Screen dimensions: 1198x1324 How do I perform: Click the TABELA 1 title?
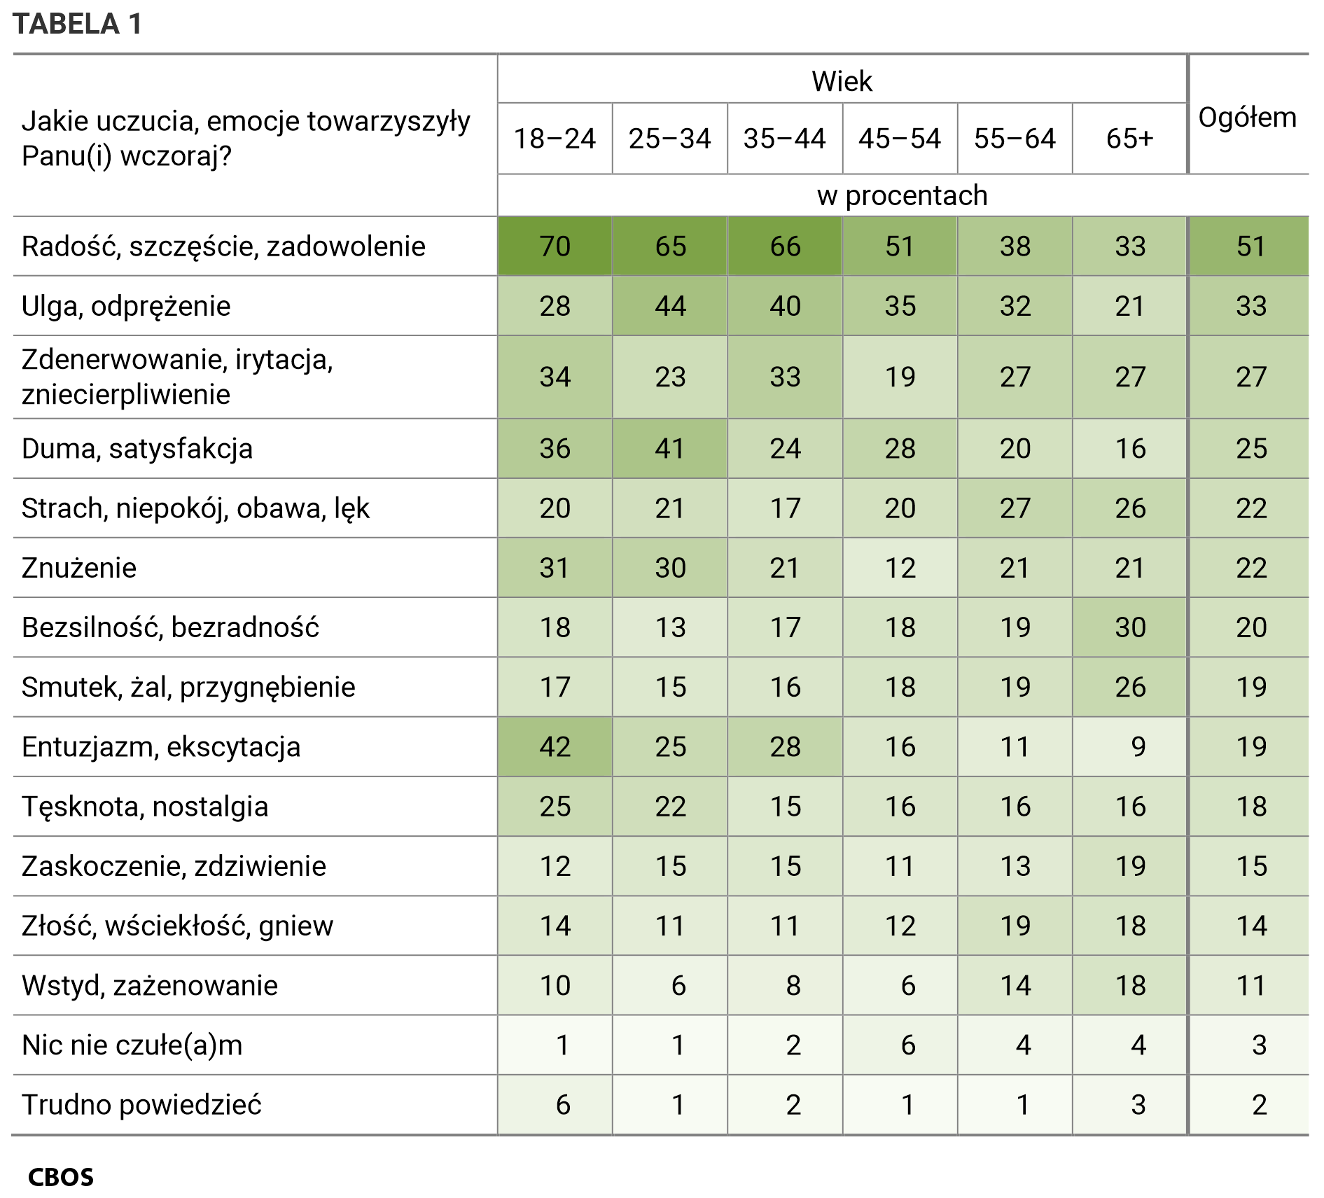[77, 24]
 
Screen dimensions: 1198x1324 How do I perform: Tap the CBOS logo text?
[61, 1177]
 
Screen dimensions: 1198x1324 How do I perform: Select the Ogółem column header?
[1247, 117]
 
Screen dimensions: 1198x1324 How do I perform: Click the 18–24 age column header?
[555, 139]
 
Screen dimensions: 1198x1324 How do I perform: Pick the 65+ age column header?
[1129, 139]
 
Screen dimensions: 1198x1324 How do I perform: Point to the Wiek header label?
[842, 82]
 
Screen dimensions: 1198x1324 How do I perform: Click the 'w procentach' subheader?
[902, 195]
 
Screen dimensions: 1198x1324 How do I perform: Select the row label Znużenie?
[79, 568]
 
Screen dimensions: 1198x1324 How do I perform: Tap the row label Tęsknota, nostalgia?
[145, 807]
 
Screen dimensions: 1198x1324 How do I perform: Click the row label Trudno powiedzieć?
[141, 1105]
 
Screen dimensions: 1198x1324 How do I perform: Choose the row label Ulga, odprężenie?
[126, 306]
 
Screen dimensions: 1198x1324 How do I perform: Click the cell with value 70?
[555, 246]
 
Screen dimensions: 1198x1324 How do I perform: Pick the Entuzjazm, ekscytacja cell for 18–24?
[555, 747]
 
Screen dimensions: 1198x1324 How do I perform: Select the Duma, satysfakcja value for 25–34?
[670, 449]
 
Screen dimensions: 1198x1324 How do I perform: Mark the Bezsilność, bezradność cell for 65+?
[1129, 627]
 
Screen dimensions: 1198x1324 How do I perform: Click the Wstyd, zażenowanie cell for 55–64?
[1015, 986]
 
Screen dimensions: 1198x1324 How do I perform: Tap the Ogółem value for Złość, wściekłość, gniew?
[1250, 926]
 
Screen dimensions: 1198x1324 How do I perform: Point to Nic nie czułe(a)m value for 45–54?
[907, 1045]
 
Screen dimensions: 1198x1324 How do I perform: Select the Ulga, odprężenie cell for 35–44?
[785, 306]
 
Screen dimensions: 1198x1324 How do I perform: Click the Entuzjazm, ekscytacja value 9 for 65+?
[1138, 747]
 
